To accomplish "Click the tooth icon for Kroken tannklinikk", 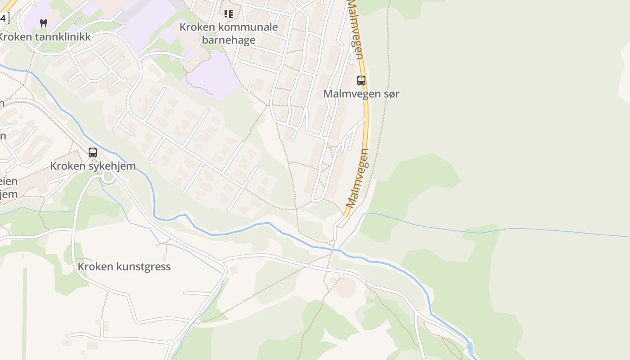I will coord(44,23).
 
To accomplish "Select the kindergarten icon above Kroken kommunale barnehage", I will coord(229,14).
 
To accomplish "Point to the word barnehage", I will coord(229,40).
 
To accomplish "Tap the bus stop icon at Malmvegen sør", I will coord(361,81).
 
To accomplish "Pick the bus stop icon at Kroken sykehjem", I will coord(93,152).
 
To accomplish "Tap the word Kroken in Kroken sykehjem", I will coord(67,166).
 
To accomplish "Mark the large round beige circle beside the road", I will coord(346,287).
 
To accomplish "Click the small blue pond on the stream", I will coord(470,348).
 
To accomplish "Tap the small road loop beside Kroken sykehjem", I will coord(108,177).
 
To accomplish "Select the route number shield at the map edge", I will coord(3,18).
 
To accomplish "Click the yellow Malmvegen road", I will coord(366,117).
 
